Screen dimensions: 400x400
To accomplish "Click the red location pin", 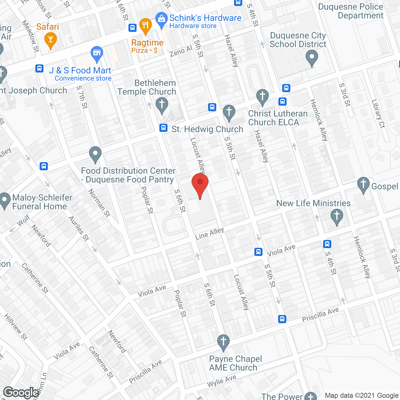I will (200, 184).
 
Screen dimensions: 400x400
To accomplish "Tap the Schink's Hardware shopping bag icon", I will (161, 19).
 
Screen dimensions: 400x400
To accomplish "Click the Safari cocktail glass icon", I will (50, 40).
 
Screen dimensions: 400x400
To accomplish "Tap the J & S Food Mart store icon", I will (97, 54).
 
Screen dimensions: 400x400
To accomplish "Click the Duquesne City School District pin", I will (312, 58).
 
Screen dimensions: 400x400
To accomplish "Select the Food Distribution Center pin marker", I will (95, 154).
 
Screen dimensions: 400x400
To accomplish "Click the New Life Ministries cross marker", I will (337, 216).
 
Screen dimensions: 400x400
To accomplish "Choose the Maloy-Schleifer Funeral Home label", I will (40, 202).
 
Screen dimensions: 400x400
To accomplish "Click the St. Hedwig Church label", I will (207, 129).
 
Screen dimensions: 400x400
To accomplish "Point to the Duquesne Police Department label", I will (351, 11).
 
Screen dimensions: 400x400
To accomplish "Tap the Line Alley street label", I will (209, 233).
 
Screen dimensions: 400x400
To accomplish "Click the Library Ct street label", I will (378, 114).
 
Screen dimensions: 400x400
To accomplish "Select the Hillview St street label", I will (16, 327).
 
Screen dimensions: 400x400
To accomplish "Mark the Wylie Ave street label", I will (222, 381).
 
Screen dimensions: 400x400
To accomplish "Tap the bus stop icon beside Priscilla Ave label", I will (282, 319).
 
